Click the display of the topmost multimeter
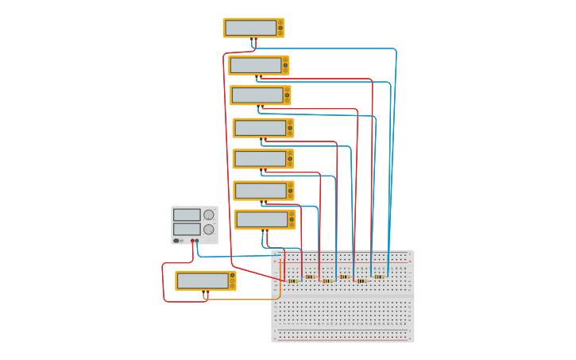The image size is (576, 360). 250,28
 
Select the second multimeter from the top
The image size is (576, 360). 258,65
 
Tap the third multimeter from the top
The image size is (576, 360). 260,95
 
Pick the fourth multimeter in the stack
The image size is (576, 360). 262,128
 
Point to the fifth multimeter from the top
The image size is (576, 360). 262,159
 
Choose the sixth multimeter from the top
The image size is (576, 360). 263,191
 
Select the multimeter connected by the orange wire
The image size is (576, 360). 205,281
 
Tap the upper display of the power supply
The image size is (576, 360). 187,215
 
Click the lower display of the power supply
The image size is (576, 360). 187,229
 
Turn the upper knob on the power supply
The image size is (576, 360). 209,215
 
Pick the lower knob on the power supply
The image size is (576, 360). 209,229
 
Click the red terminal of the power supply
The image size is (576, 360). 192,241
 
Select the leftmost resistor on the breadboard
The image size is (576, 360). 292,281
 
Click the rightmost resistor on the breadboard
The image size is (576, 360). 379,277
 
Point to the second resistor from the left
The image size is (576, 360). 310,277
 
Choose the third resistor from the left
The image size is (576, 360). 327,281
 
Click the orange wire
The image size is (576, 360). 238,300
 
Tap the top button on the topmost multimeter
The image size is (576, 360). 280,22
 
